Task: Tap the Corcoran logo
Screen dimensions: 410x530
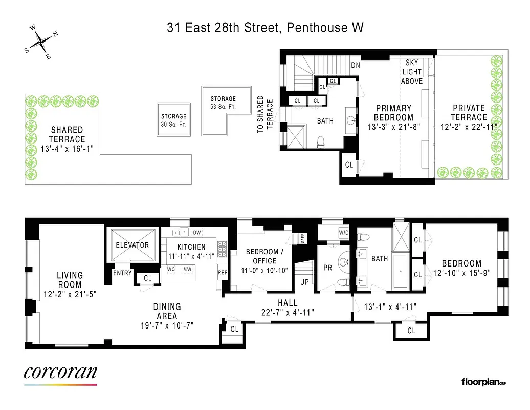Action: pyautogui.click(x=60, y=373)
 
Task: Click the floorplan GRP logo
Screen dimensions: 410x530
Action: pyautogui.click(x=483, y=382)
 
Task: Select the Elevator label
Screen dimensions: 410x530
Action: pyautogui.click(x=132, y=245)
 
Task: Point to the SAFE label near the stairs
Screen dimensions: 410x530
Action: pyautogui.click(x=303, y=238)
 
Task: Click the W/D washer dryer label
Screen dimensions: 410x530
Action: pyautogui.click(x=343, y=233)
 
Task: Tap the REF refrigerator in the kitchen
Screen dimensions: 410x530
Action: pyautogui.click(x=223, y=273)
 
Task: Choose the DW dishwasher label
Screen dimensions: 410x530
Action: pyautogui.click(x=196, y=233)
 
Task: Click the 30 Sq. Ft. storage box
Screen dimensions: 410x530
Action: pyautogui.click(x=174, y=120)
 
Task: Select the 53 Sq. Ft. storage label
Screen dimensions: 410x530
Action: pyautogui.click(x=223, y=107)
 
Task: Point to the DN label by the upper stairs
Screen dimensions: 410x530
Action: pyautogui.click(x=356, y=65)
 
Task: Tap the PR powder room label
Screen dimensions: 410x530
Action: pyautogui.click(x=328, y=268)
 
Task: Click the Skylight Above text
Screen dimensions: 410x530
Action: pyautogui.click(x=412, y=72)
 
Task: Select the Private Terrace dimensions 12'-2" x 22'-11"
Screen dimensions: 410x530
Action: pyautogui.click(x=469, y=127)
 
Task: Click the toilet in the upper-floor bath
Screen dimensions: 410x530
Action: pyautogui.click(x=321, y=140)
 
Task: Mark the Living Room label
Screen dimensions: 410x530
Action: pyautogui.click(x=70, y=280)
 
